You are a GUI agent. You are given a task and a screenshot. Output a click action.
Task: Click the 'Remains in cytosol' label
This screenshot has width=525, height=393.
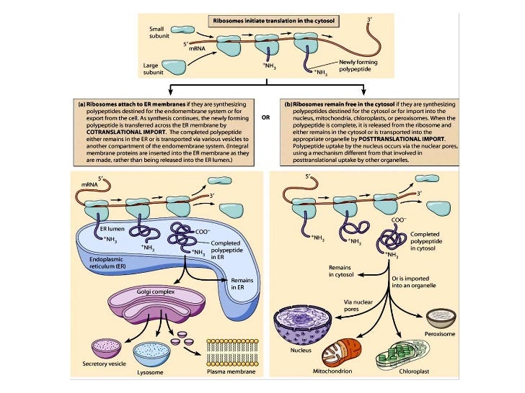[344, 270]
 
